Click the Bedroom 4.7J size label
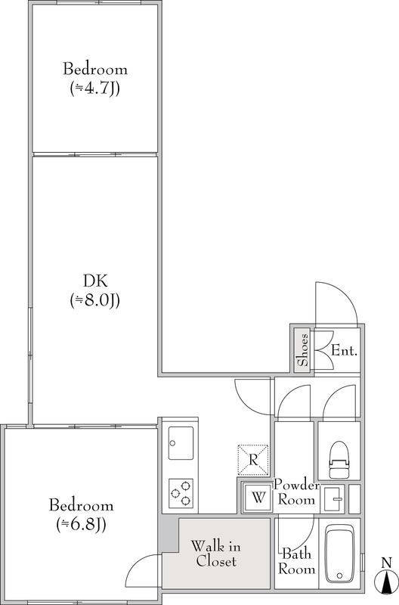(94, 88)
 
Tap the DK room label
(95, 281)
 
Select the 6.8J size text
(82, 524)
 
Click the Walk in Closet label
(216, 554)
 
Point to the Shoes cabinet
(302, 350)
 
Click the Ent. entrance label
(345, 351)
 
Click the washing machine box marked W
(258, 498)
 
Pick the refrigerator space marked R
(253, 460)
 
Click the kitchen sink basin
(181, 443)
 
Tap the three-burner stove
(181, 493)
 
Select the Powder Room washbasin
(333, 499)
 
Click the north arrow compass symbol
(386, 576)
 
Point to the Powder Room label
(296, 492)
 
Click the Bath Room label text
(296, 561)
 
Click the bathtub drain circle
(339, 576)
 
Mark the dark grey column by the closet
(169, 533)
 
